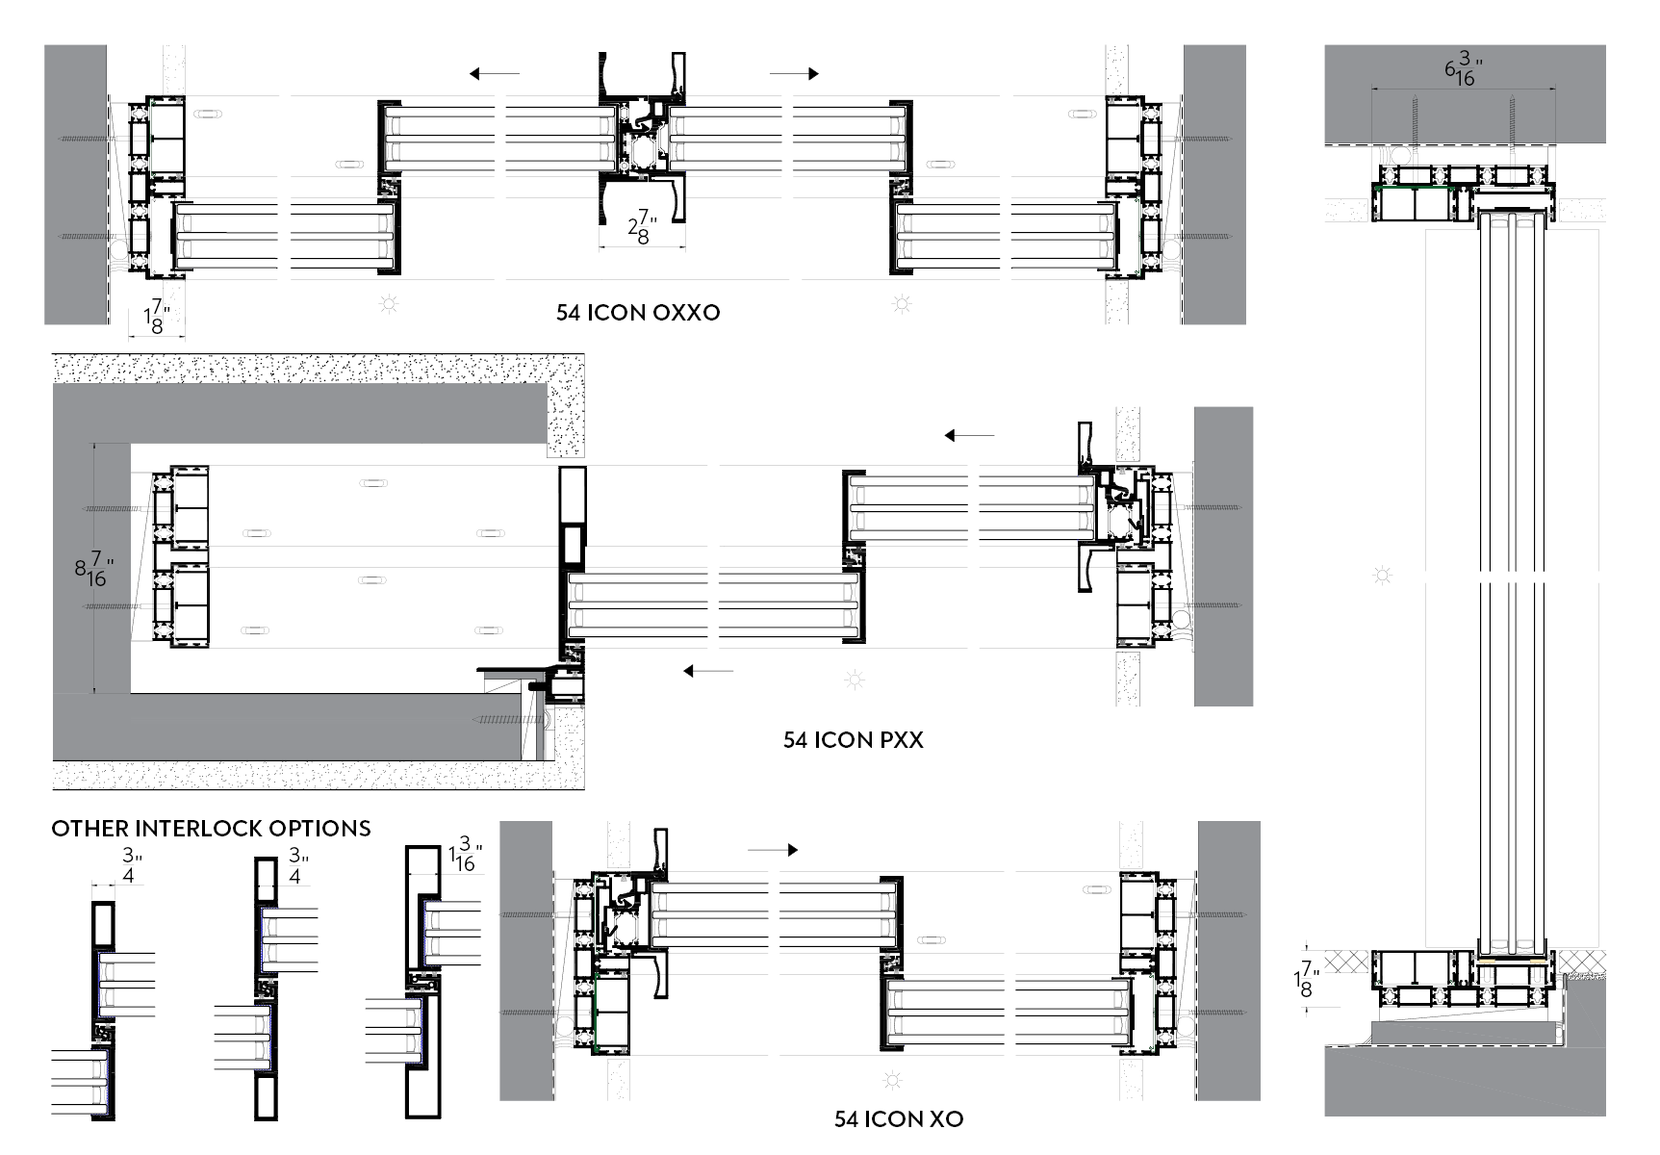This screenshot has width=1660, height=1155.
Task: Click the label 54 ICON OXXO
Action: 637,313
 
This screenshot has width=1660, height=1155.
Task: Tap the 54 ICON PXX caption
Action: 853,740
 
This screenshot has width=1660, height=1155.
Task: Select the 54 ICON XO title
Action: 898,1118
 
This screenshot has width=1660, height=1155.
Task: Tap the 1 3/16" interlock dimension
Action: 465,856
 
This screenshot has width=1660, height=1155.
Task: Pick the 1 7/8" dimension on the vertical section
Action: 1305,979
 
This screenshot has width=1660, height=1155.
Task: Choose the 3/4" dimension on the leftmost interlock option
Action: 130,863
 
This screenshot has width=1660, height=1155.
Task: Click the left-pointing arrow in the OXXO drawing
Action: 495,73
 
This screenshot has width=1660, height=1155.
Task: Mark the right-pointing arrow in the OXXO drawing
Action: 794,73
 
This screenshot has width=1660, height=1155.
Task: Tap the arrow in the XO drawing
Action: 773,850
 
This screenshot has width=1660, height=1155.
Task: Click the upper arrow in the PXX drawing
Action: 969,435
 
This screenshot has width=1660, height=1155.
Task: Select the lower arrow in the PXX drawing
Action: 708,671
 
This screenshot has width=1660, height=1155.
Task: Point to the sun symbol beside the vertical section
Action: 1383,577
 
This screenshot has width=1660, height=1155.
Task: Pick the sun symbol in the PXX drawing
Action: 853,680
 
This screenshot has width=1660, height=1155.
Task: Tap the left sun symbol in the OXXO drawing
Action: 389,305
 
